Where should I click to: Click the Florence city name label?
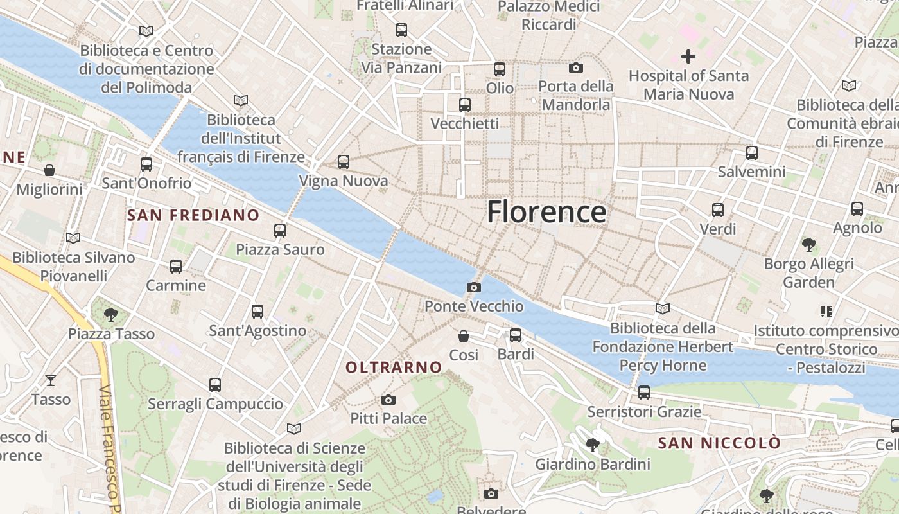click(546, 211)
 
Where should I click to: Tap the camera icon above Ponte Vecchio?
click(474, 287)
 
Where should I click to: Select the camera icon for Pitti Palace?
click(388, 400)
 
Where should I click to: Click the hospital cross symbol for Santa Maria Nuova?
click(688, 57)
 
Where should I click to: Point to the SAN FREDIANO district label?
click(193, 215)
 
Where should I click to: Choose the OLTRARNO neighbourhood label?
click(394, 368)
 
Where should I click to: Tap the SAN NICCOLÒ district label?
click(719, 443)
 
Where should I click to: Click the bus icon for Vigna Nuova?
click(344, 162)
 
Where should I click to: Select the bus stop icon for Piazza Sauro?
click(280, 230)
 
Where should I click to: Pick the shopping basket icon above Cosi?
click(464, 335)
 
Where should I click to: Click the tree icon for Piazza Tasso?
click(111, 314)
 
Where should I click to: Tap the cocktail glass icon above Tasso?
click(51, 380)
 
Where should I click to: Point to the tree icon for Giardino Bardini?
click(593, 445)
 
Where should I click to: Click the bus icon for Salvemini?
click(752, 153)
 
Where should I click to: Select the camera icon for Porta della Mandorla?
click(576, 67)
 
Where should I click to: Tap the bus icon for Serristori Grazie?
click(644, 392)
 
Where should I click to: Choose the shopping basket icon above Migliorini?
click(49, 170)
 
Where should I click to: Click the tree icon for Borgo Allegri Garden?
click(808, 244)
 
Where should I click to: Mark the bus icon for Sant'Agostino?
click(257, 312)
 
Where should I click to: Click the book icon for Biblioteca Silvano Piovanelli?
click(73, 238)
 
